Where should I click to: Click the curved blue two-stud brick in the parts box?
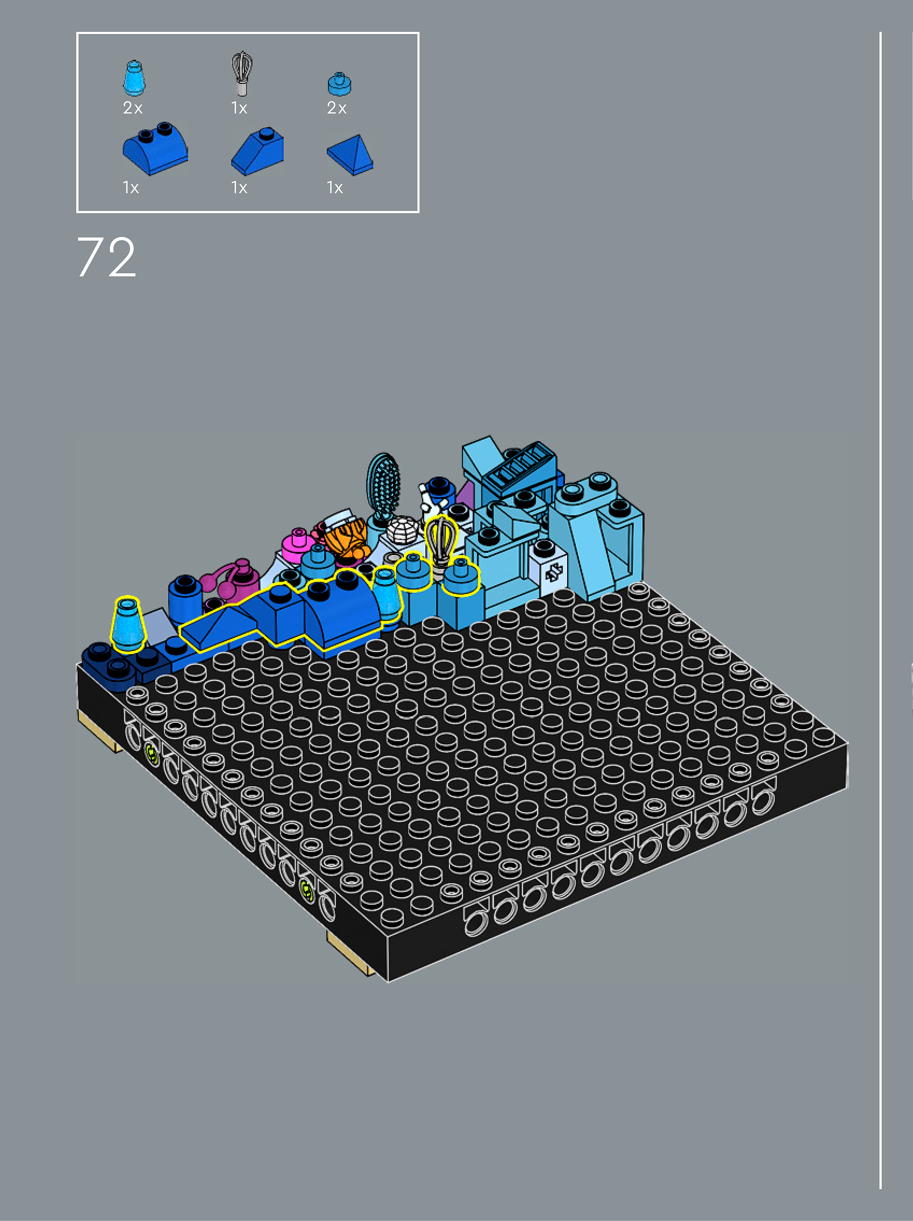(155, 148)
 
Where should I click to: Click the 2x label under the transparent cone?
(132, 108)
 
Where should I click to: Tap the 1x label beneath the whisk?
(239, 108)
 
